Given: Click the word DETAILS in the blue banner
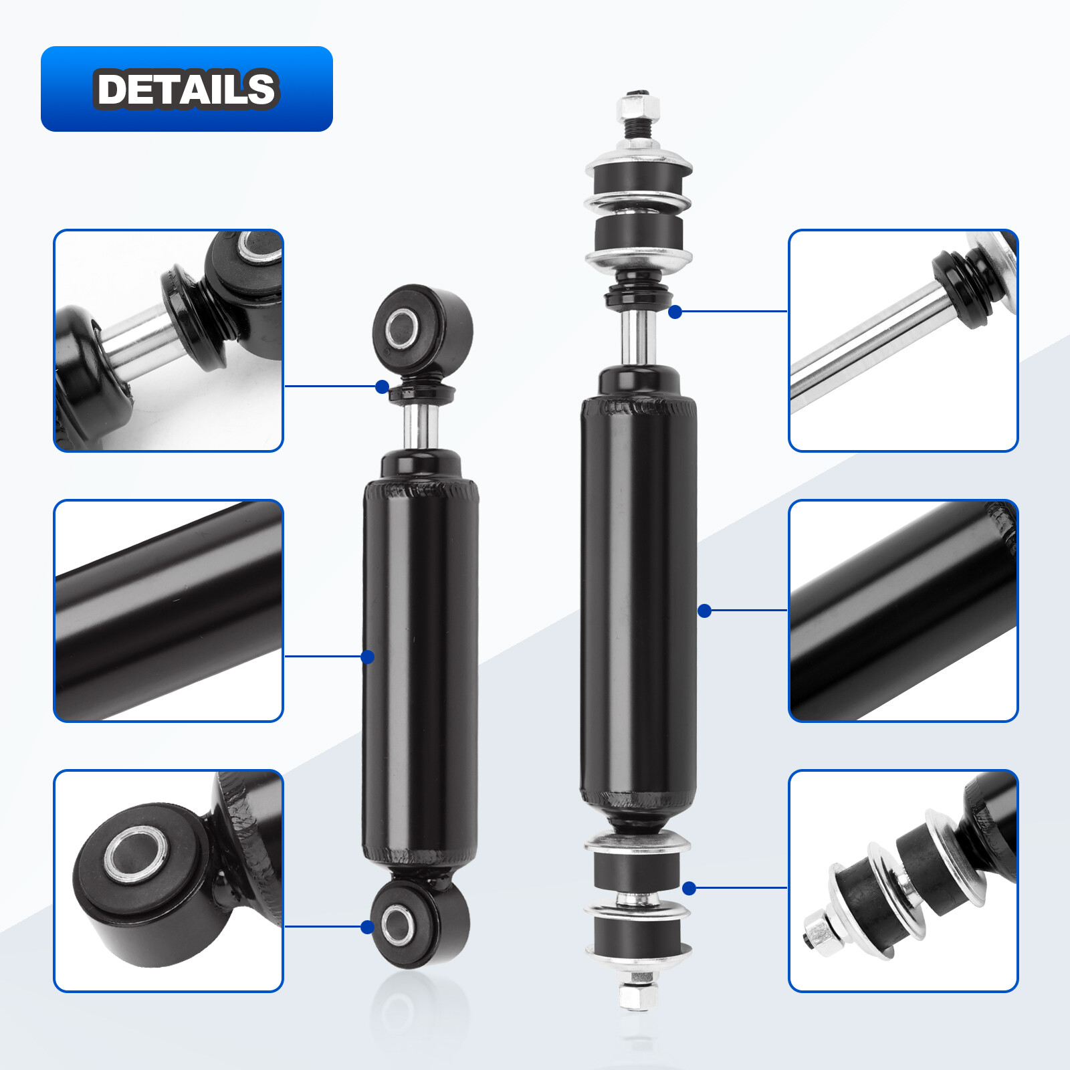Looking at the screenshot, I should [186, 88].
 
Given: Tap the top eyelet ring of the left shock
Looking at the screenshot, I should [401, 328].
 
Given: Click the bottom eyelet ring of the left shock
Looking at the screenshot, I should [398, 925].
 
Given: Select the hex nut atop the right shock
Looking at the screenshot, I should [639, 107].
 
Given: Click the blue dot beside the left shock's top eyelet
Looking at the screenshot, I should [382, 387].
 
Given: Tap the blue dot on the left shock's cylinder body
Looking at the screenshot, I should [367, 657].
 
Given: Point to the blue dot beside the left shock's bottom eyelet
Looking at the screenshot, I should [367, 927].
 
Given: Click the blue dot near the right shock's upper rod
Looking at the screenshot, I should [675, 312].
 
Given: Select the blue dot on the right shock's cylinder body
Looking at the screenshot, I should [704, 611].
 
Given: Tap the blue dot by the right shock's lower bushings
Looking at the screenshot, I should [689, 888].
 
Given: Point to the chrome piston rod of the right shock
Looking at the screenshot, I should [637, 338].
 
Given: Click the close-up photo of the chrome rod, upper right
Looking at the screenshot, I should [903, 340].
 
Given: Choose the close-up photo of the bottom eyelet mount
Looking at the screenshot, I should [169, 881].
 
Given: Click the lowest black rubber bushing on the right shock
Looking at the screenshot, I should [637, 933].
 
